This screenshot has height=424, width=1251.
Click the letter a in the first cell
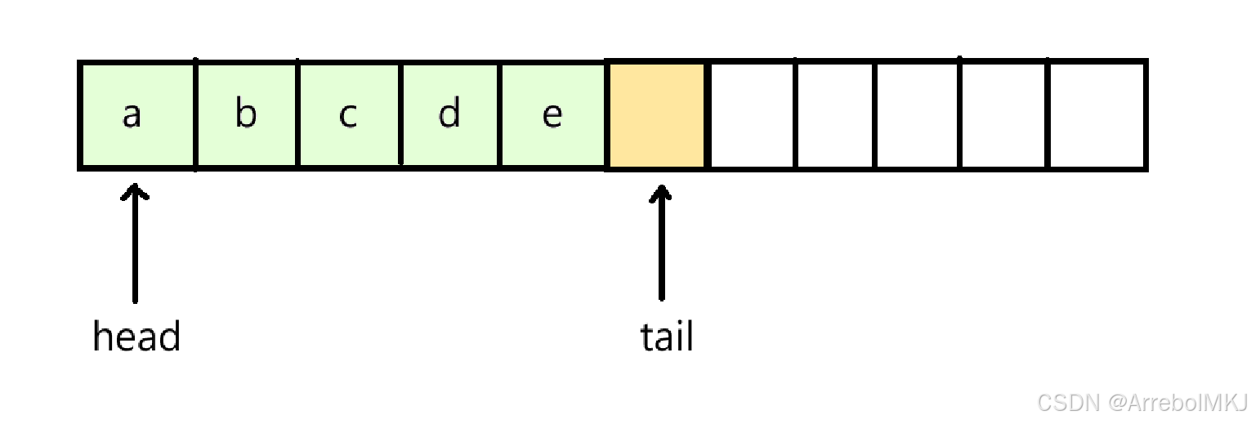tap(132, 115)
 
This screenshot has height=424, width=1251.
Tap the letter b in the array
tap(245, 114)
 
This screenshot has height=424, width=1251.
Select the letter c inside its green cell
tap(348, 115)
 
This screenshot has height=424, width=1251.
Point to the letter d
tap(449, 114)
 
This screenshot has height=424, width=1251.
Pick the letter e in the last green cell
tap(552, 115)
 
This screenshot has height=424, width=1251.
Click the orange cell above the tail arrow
tap(656, 114)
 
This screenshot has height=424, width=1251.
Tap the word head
tap(136, 337)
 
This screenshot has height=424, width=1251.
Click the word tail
tap(667, 337)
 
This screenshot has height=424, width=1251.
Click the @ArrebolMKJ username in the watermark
tap(1177, 402)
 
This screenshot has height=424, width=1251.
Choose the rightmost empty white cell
tap(1096, 114)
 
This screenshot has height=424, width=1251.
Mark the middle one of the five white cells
tap(917, 114)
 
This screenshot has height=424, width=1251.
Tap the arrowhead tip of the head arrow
tap(136, 187)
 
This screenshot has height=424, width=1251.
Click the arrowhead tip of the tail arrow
tap(662, 187)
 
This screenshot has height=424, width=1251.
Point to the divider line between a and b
tap(195, 114)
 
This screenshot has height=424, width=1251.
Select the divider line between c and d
tap(400, 114)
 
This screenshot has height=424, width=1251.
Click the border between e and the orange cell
tap(605, 114)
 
